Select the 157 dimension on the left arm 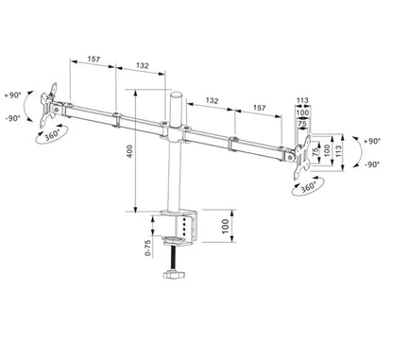pyautogui.click(x=93, y=60)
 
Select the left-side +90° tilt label pyautogui.click(x=11, y=95)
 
